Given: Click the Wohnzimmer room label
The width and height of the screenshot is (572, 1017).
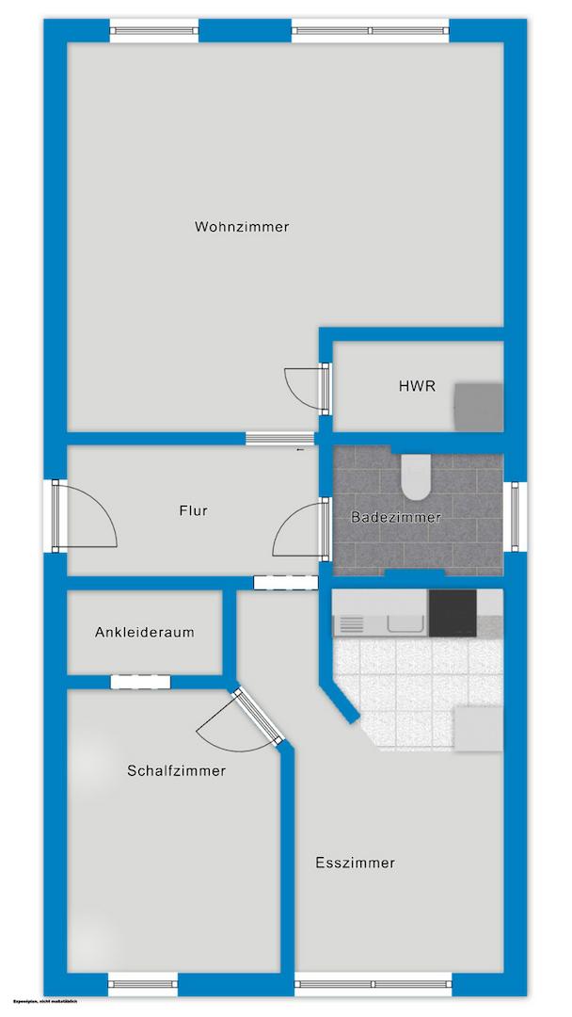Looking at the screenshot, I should coord(242,227).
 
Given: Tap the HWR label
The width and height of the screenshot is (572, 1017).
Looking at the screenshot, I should coord(417,386).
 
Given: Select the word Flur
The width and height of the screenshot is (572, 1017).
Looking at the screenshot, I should coord(193,511).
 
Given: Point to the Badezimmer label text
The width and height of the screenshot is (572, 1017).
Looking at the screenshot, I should coord(395,517).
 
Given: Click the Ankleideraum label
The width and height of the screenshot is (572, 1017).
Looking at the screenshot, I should coord(145,633).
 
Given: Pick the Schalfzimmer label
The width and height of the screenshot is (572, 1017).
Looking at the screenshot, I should coord(177,771).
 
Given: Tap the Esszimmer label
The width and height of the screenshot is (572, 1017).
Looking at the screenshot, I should coord(356,863).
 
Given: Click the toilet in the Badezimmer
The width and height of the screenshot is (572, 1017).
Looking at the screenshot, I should coord(416,476).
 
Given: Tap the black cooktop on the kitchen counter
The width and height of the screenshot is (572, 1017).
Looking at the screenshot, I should coord(453,614).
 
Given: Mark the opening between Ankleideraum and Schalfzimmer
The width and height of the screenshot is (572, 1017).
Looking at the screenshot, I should coord(140,683).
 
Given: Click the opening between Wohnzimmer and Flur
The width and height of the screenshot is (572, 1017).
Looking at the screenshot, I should coord(279,437).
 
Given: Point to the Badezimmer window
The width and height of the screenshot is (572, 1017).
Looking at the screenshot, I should coord(516,514).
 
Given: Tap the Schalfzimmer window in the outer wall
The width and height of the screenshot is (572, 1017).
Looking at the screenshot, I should coord(143,984).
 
